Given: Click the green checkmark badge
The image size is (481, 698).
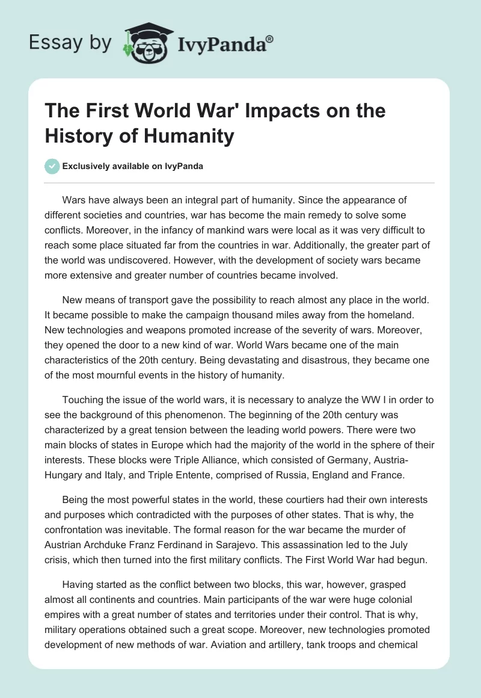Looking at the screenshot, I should point(52,166).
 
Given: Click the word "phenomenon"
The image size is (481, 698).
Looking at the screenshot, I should point(224,416).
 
